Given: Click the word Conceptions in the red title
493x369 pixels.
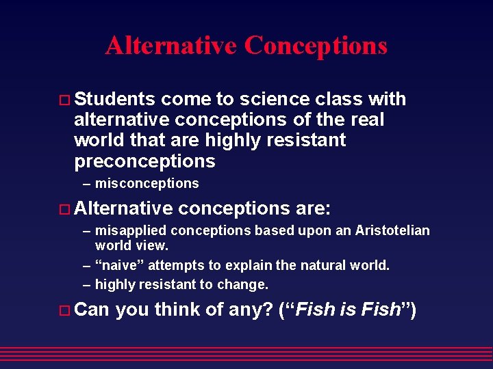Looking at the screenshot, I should point(316,46).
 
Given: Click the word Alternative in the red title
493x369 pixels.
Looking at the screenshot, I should point(170,46).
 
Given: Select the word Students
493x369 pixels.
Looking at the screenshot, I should point(114,100).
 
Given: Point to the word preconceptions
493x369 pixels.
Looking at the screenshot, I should point(144,161).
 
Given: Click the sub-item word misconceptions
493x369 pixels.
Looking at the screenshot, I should point(147,183).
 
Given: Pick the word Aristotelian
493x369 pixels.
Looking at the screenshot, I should point(392,230).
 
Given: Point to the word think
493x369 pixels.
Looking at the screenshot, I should point(177,310).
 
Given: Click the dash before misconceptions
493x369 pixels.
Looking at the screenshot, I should point(87,183).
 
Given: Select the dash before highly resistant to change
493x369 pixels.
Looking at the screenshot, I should point(87,284).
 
